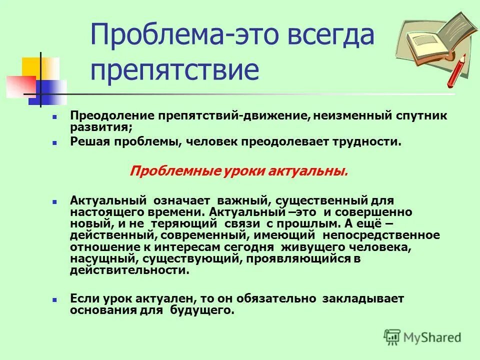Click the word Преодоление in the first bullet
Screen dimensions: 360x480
(112, 116)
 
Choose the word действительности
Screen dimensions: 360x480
(129, 270)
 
